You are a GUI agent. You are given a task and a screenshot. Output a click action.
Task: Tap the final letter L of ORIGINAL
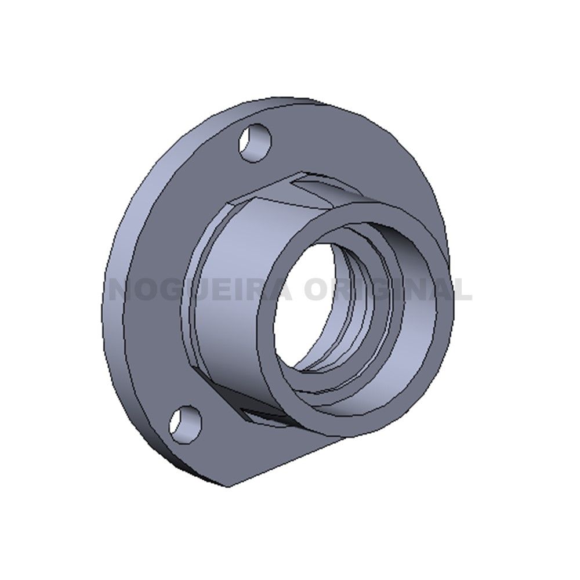click(x=461, y=288)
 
